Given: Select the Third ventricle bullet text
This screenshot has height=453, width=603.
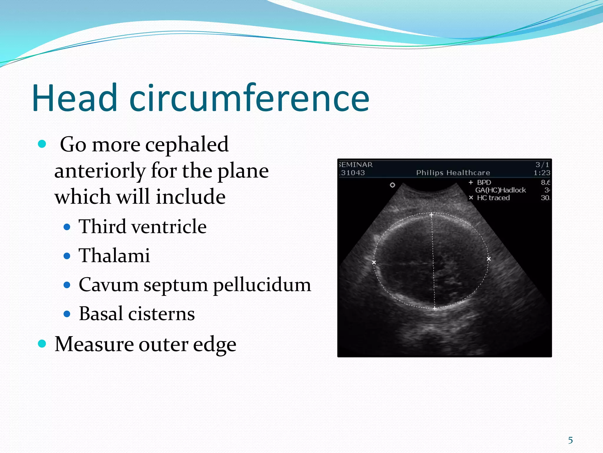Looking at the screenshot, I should pyautogui.click(x=143, y=226).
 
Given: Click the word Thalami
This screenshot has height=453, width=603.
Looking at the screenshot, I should pyautogui.click(x=114, y=255).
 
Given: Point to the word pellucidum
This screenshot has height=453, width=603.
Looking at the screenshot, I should pyautogui.click(x=262, y=285).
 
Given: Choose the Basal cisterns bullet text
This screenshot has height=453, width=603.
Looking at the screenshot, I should pyautogui.click(x=137, y=314).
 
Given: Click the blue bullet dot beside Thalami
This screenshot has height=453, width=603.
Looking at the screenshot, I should pyautogui.click(x=67, y=256).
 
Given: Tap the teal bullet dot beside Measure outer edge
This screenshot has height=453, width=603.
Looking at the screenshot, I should pyautogui.click(x=42, y=344).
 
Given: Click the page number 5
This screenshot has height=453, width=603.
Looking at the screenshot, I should pyautogui.click(x=570, y=440).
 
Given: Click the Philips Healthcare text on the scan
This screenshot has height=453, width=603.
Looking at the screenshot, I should pyautogui.click(x=453, y=173).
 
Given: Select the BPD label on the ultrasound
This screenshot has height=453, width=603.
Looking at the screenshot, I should pyautogui.click(x=484, y=182).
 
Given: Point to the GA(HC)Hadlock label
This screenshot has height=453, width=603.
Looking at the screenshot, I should pyautogui.click(x=500, y=190).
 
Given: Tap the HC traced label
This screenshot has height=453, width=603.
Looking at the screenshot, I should pyautogui.click(x=493, y=198).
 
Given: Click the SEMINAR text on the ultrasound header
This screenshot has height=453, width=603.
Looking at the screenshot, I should pyautogui.click(x=356, y=165).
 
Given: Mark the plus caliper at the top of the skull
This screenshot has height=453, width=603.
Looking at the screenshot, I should pyautogui.click(x=431, y=215).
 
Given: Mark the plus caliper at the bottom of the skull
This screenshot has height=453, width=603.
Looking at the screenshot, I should pyautogui.click(x=435, y=308).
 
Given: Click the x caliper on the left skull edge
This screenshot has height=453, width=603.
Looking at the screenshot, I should pyautogui.click(x=374, y=262).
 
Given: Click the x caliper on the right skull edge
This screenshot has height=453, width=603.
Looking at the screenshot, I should pyautogui.click(x=489, y=259).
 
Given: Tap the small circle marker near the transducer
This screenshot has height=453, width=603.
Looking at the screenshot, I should pyautogui.click(x=392, y=185).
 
